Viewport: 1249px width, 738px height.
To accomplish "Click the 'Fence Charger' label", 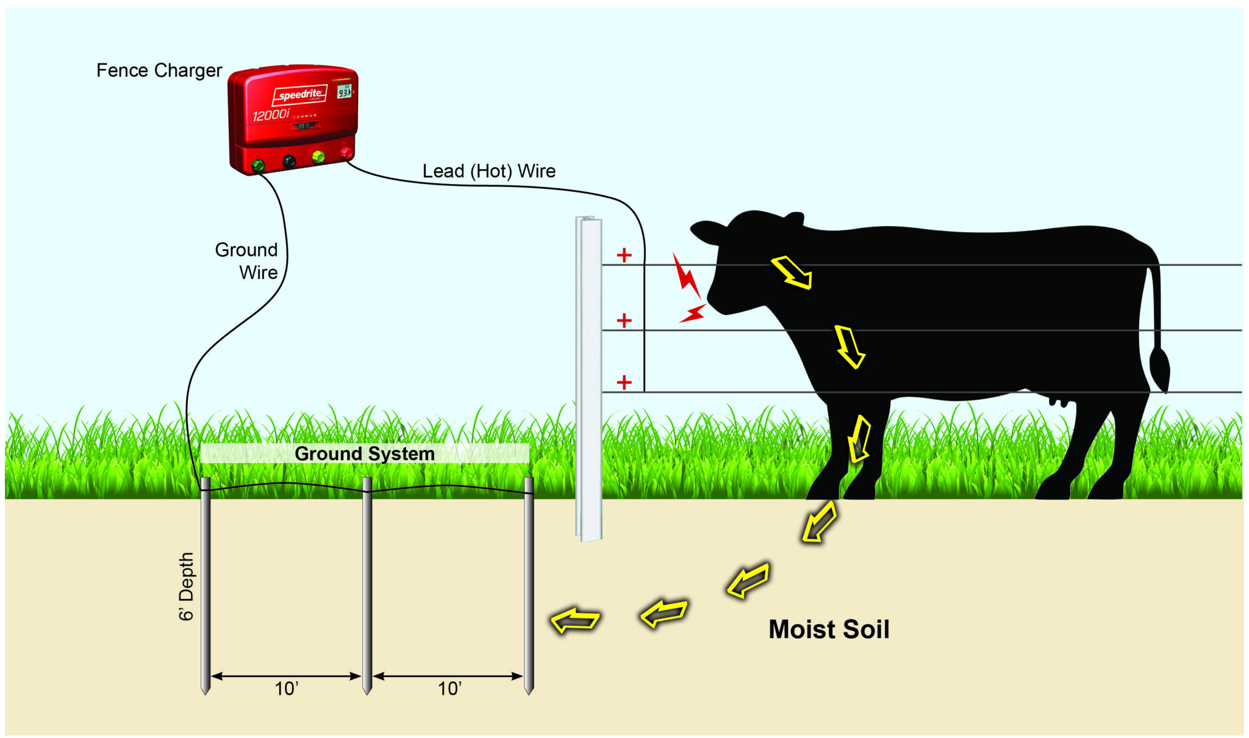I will (x=159, y=71).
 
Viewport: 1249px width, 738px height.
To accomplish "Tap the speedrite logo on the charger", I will (x=299, y=94).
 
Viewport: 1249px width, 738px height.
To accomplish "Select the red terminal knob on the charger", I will (x=346, y=152).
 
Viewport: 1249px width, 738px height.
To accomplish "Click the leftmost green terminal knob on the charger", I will (x=257, y=165).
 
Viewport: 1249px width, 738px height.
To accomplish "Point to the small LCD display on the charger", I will (x=345, y=92).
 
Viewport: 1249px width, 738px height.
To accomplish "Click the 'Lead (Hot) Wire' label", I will (x=489, y=171).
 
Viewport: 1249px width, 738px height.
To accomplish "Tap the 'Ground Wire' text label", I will (x=247, y=261).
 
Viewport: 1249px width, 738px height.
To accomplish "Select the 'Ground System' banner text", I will (x=364, y=453).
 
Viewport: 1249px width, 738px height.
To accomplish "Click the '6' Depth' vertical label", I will (x=186, y=586).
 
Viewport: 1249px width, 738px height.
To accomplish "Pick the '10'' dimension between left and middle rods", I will (x=285, y=689).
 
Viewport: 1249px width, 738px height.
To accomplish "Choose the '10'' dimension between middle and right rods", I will (x=449, y=689).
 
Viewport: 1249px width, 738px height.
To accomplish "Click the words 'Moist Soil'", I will (x=828, y=629).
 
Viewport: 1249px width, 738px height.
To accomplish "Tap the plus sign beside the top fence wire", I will (x=623, y=255).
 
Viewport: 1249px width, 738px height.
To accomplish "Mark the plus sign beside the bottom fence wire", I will (x=623, y=382).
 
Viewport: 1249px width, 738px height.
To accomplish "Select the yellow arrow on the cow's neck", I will (x=792, y=272).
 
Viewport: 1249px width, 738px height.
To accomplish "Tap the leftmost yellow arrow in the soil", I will (x=574, y=620).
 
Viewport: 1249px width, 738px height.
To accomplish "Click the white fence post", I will (x=589, y=378).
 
